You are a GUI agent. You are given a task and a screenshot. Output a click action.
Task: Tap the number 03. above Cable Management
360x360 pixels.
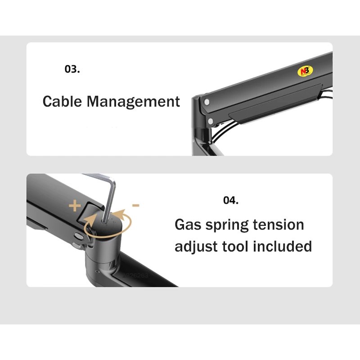[x=72, y=70]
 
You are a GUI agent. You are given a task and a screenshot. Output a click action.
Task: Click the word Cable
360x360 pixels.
[x=63, y=101]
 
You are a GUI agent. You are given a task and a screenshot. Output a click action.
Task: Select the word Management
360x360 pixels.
[x=133, y=102]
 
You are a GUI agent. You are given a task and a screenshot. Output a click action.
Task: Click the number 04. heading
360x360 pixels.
[x=231, y=200]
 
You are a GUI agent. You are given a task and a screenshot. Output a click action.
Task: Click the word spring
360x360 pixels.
[x=229, y=225]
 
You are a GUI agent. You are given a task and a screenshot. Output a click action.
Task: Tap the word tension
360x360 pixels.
[x=281, y=225]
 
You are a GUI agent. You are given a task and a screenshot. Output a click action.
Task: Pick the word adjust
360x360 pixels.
[x=196, y=247]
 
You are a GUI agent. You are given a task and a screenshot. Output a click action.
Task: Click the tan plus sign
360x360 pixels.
[x=75, y=207]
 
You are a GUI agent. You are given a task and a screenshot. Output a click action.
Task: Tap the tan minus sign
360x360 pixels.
[x=135, y=205]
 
